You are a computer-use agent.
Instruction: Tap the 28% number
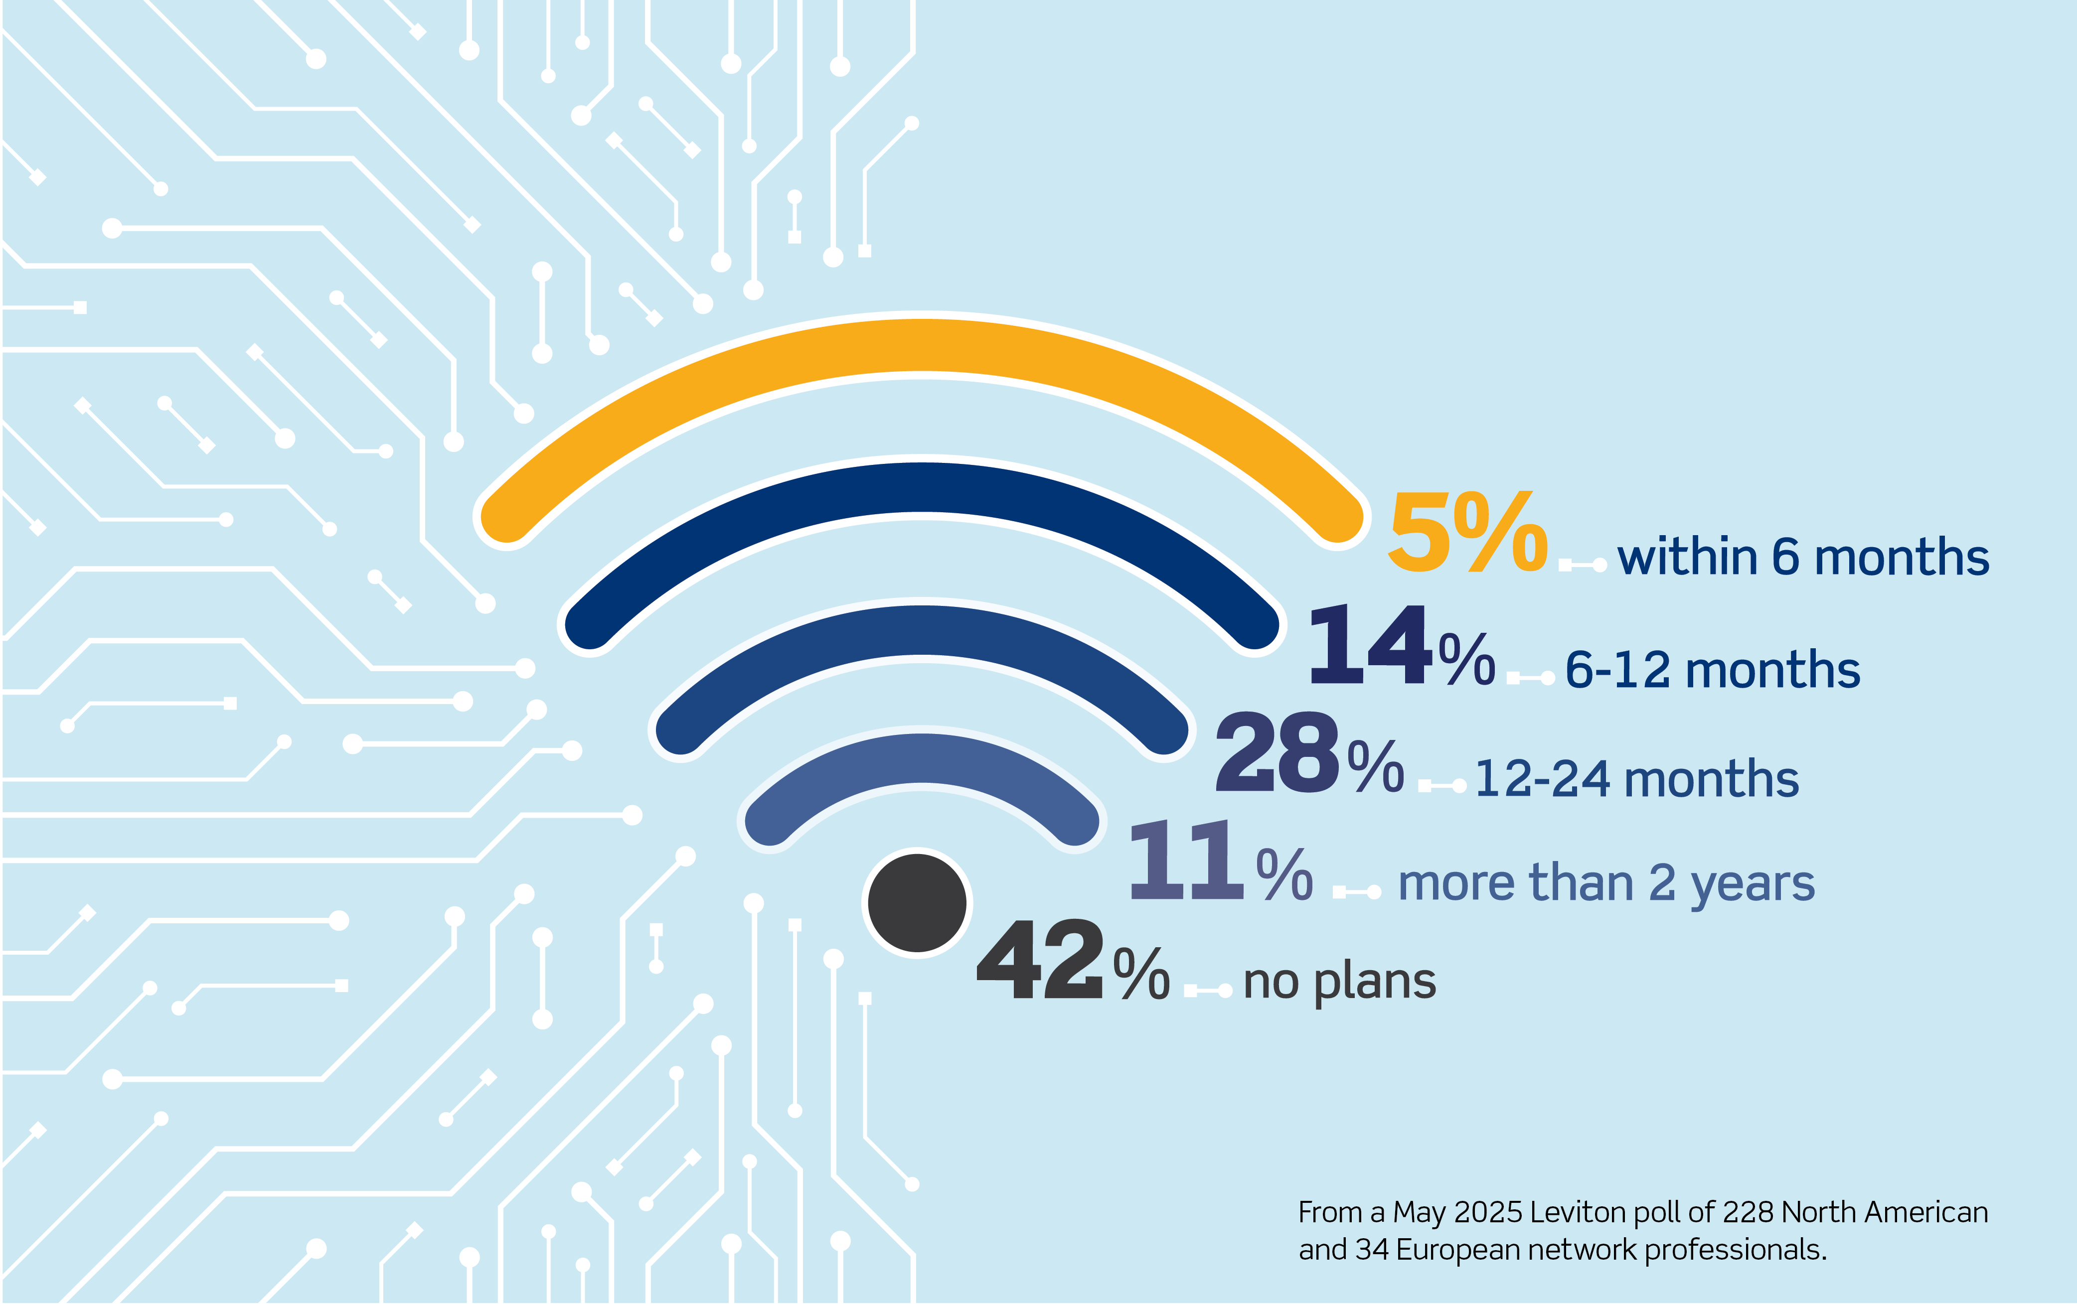(1308, 753)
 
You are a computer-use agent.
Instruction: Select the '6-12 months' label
(1712, 670)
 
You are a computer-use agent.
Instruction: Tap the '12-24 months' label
(1636, 780)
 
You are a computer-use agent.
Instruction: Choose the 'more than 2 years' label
(1606, 884)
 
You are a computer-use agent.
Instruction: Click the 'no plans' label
(1339, 982)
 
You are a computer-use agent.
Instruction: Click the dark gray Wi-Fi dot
(917, 903)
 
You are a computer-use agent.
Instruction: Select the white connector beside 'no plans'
(1208, 992)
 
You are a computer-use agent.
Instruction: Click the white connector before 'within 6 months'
(1582, 566)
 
